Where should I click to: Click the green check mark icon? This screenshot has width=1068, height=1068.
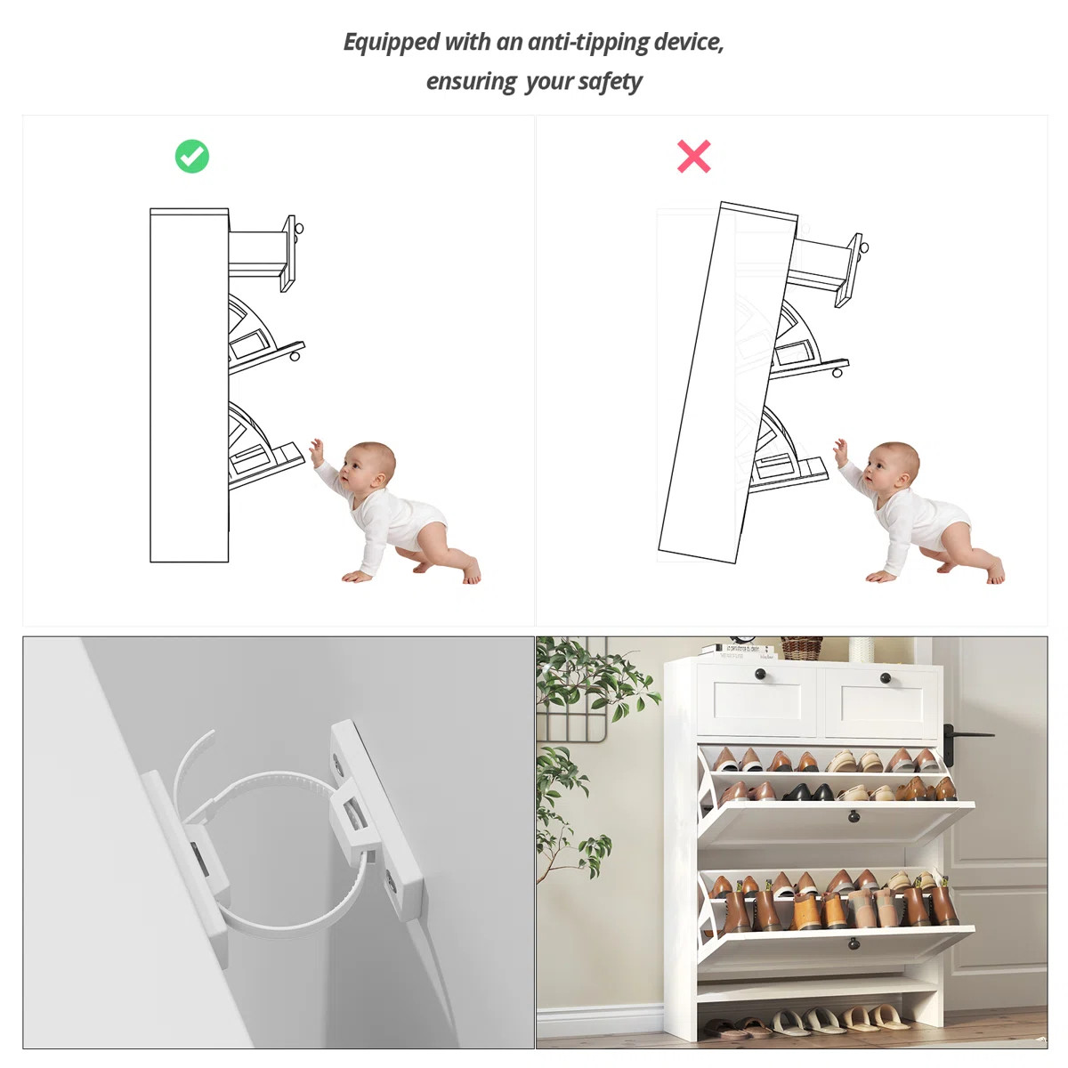coord(191,157)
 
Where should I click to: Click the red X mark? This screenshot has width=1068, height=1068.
coord(693,157)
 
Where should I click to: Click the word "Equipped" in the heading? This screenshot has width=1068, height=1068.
coord(392,43)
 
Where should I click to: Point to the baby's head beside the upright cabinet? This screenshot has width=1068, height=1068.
coord(368,465)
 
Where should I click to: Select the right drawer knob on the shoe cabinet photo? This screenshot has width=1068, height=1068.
coord(885,678)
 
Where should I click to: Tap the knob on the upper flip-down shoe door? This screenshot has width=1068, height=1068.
coord(854,816)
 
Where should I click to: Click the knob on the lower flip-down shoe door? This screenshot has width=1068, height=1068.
coord(854,942)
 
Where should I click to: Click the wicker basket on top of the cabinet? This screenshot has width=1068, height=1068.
coord(801,648)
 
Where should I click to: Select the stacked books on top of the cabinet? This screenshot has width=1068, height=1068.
coord(738,651)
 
